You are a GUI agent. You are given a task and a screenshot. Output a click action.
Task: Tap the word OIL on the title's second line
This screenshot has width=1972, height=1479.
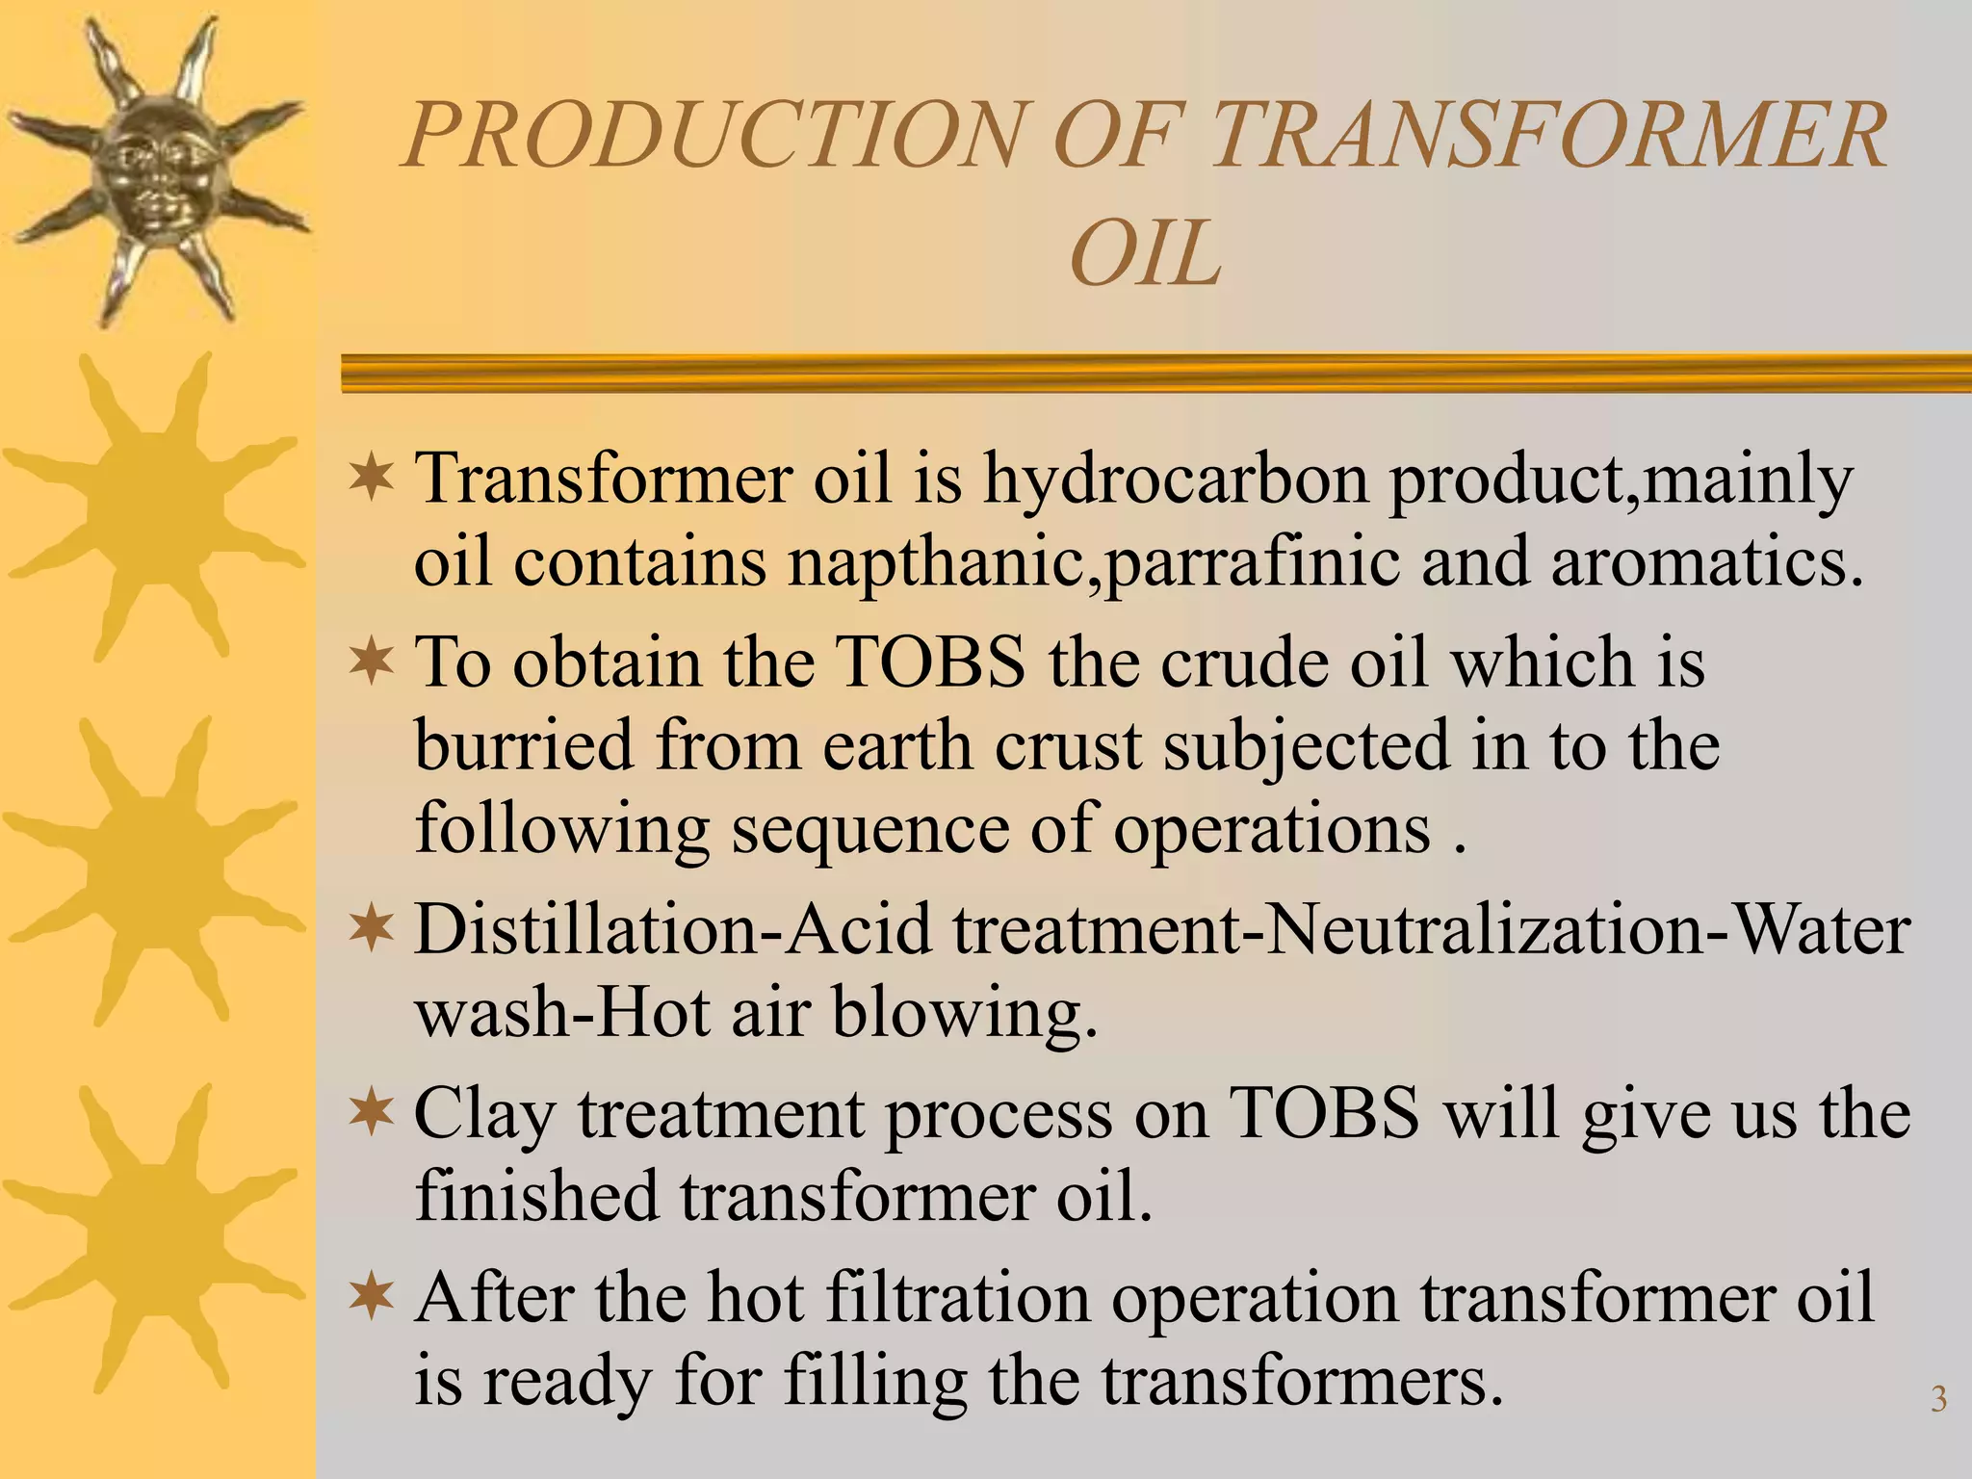point(1145,254)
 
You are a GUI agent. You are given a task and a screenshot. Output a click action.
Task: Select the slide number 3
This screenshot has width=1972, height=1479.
point(1938,1399)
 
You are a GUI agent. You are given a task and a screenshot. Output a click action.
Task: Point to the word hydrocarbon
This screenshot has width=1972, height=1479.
point(1176,479)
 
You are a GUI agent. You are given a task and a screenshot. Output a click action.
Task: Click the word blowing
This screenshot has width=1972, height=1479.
point(964,1013)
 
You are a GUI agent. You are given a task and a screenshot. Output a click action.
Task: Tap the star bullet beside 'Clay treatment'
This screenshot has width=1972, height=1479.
point(372,1112)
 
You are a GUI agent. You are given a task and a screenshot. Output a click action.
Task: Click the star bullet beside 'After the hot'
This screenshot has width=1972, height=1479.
point(372,1296)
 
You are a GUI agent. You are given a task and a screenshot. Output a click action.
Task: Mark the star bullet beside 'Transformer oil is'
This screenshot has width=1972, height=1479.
point(372,478)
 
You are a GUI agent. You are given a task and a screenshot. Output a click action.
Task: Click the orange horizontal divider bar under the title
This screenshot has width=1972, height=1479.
point(1155,373)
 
